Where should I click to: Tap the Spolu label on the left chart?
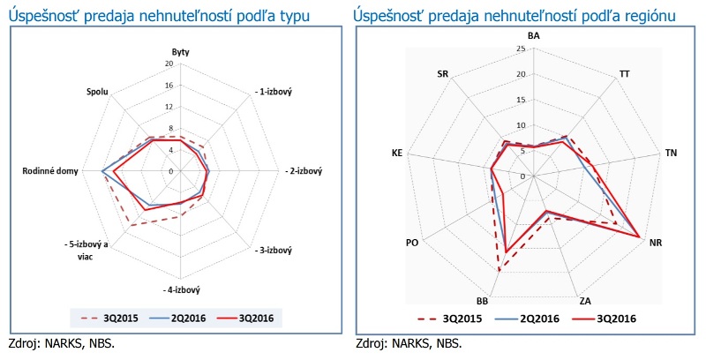pyautogui.click(x=98, y=92)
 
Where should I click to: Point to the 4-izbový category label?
pyautogui.click(x=183, y=289)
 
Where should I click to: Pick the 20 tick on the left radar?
pyautogui.click(x=169, y=64)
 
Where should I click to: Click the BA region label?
pyautogui.click(x=534, y=35)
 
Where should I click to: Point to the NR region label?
pyautogui.click(x=655, y=242)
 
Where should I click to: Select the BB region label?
pyautogui.click(x=483, y=300)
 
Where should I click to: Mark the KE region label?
pyautogui.click(x=397, y=154)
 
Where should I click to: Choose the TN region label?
pyautogui.click(x=672, y=154)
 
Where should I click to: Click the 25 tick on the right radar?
pyautogui.click(x=522, y=49)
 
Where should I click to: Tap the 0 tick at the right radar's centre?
pyautogui.click(x=522, y=176)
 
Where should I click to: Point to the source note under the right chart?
pyautogui.click(x=408, y=343)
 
